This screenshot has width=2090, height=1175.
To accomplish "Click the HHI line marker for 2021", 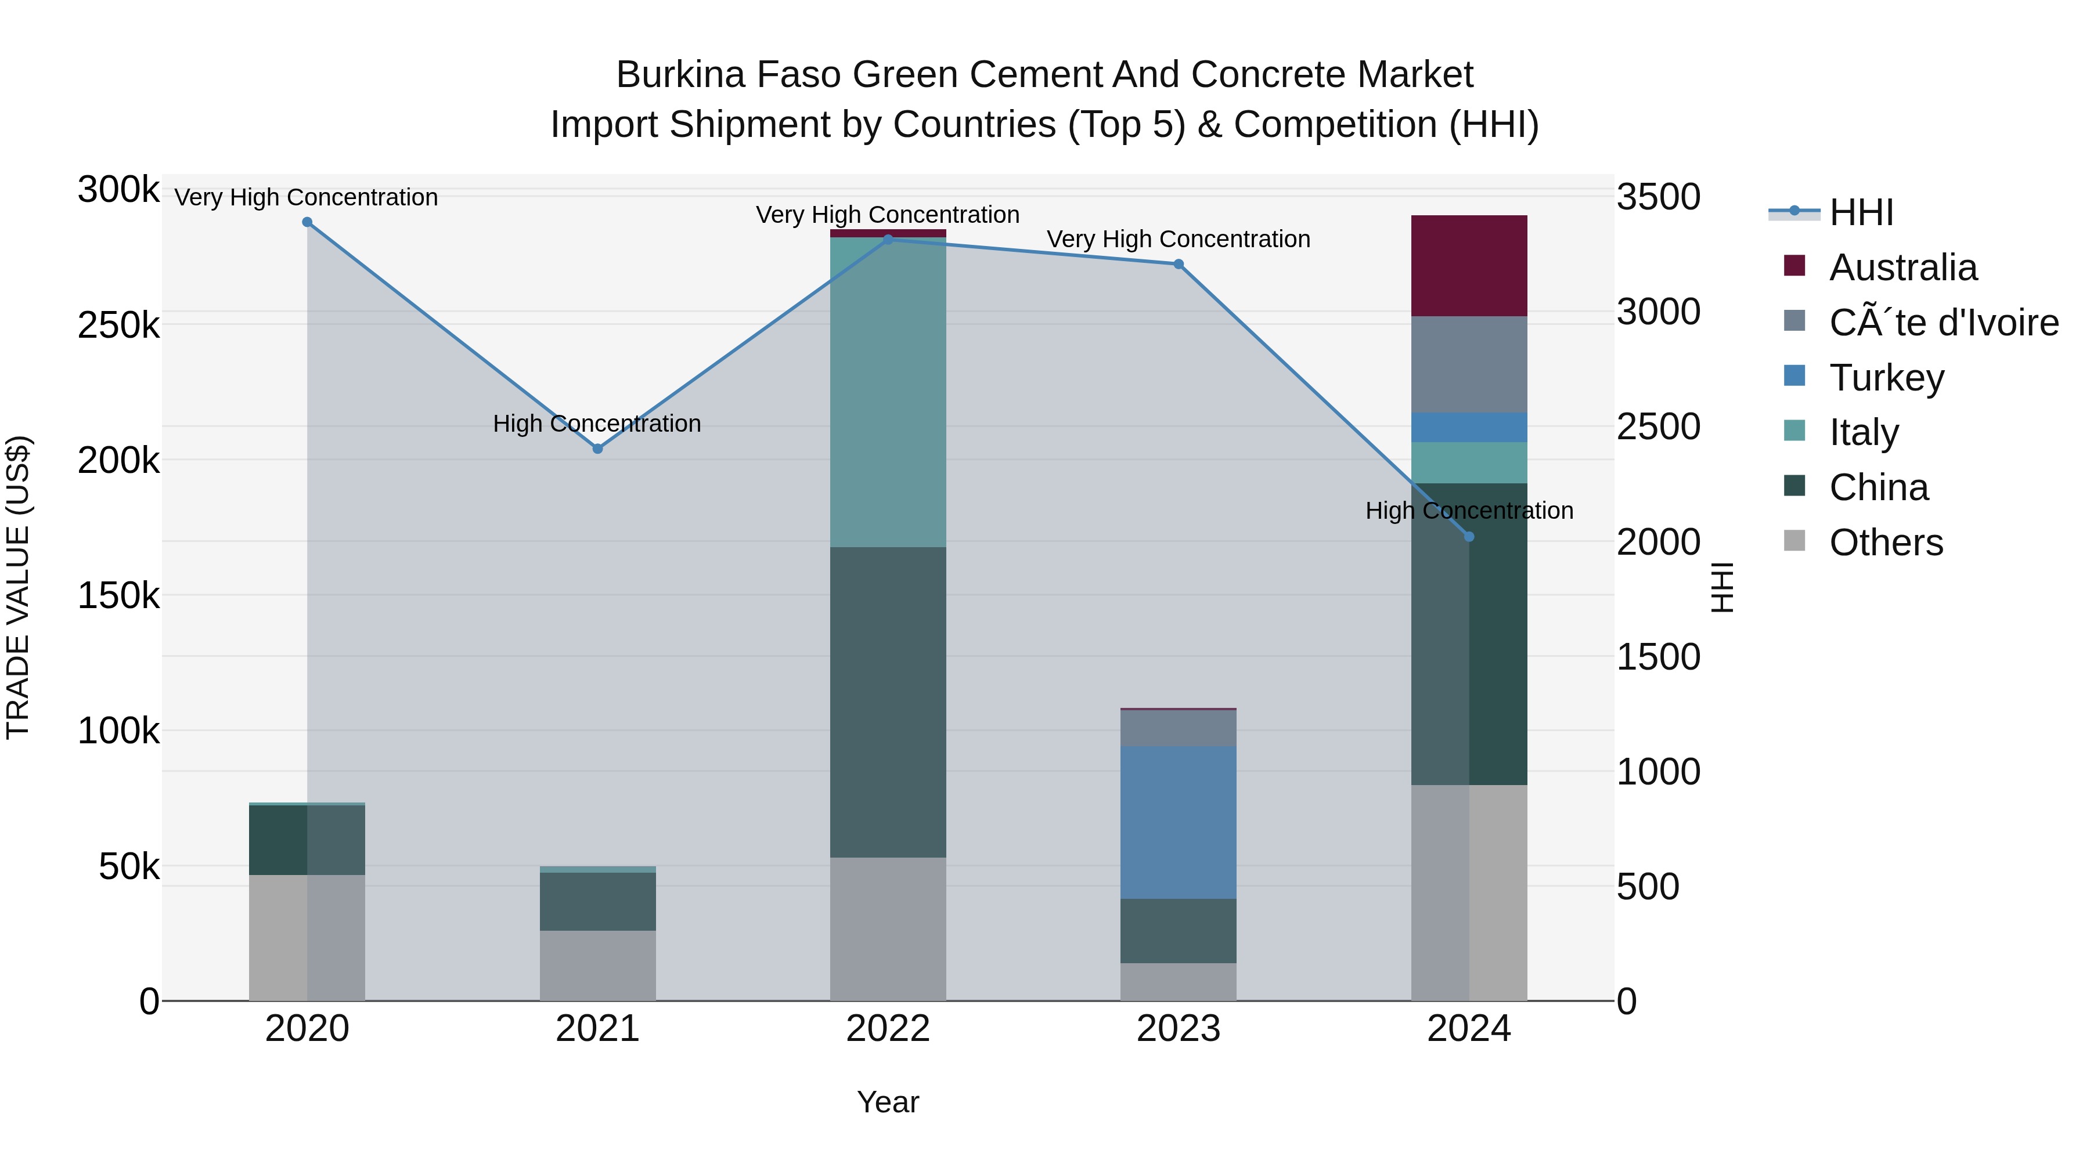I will [597, 449].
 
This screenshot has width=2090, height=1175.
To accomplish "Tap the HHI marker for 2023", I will [1178, 265].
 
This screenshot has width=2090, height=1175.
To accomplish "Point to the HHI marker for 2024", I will [1469, 537].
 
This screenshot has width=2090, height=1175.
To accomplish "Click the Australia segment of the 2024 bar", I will [1469, 266].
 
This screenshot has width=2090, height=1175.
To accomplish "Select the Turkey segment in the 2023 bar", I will [1178, 822].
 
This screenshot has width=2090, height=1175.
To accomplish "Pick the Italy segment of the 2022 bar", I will [888, 392].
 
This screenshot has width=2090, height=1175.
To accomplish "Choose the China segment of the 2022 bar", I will [888, 702].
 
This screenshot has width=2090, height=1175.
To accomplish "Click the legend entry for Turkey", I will [1886, 378].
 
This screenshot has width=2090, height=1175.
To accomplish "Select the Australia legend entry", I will [1902, 267].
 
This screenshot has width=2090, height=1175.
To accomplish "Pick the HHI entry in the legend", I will [1861, 212].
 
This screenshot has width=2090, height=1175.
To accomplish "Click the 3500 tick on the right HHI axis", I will [1659, 197].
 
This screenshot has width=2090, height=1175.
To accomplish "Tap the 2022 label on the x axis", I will [888, 1029].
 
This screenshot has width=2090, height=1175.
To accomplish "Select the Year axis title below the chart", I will [888, 1102].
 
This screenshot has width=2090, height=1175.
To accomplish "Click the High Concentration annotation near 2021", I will [597, 424].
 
